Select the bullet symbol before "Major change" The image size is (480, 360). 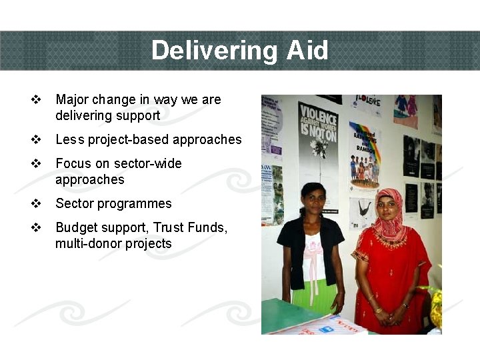click(36, 100)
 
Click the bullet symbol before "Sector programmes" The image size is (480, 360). click(36, 204)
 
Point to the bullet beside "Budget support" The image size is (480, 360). click(36, 228)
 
